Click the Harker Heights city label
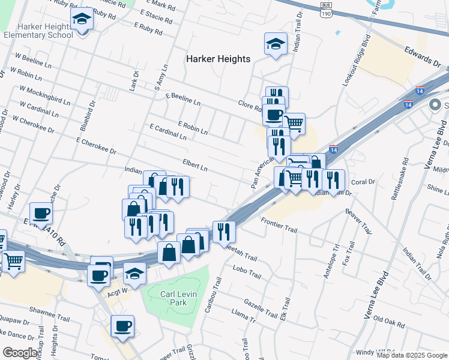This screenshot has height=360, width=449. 218,59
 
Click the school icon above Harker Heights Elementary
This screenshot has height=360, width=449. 82,19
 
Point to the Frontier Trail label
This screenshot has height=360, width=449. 279,226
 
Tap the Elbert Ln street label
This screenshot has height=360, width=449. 195,165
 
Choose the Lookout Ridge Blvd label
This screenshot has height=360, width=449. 354,61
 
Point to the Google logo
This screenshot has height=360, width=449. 20,352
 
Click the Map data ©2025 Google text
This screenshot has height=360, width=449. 412,355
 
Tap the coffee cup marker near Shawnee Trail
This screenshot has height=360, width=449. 122,326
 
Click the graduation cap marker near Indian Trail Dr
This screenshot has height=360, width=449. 276,44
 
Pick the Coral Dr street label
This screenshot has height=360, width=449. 363,181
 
